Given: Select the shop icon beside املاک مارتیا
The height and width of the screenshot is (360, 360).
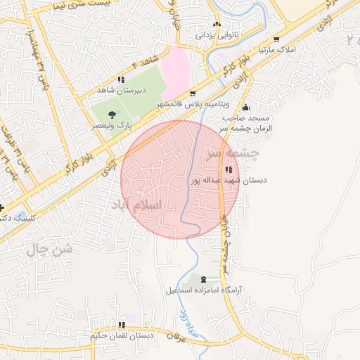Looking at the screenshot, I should click(276, 39).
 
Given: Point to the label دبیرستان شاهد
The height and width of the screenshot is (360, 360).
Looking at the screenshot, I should click(121, 91).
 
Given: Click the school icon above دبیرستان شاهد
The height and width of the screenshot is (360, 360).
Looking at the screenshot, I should click(121, 79).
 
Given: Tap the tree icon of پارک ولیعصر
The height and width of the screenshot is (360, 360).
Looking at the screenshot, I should click(112, 113).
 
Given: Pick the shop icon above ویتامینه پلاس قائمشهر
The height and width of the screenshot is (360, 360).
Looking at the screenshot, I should click(193, 92).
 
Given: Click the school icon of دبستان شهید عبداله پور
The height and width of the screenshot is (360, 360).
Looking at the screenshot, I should click(228, 169).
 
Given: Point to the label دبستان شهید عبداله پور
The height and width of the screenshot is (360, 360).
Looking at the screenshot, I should click(229, 180).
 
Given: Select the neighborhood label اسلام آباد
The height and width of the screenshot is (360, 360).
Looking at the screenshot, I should click(135, 204).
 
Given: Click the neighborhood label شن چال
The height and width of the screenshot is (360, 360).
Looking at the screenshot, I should click(49, 249).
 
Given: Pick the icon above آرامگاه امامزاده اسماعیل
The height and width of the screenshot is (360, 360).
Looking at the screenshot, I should click(205, 279).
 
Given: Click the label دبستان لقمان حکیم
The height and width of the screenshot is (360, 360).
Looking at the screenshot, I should click(122, 336).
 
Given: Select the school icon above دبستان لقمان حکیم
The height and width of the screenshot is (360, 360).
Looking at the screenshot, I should click(122, 325).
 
